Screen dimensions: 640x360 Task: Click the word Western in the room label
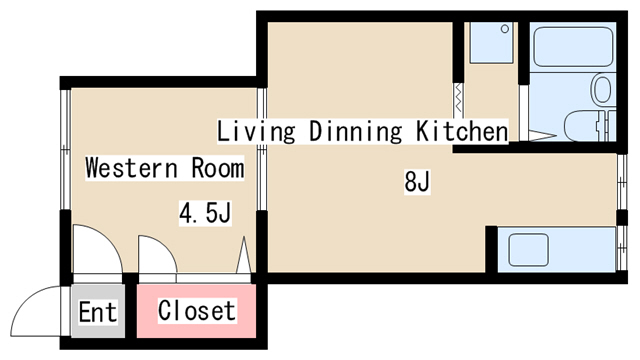131,168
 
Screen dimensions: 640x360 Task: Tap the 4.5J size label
205,213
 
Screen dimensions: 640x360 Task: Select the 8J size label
417,182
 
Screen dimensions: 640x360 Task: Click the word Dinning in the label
355,131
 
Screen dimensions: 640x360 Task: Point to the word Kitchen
462,131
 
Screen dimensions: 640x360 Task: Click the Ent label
98,312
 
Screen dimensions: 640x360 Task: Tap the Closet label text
197,311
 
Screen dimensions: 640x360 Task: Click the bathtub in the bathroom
573,47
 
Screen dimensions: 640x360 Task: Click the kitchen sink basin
528,250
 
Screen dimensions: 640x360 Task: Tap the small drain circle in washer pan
505,29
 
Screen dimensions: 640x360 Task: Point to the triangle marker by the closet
244,255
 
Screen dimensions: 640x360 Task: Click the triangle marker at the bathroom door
542,136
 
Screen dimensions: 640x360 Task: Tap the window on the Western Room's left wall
65,149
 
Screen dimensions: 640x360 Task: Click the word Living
256,131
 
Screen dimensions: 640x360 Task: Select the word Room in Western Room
218,168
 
